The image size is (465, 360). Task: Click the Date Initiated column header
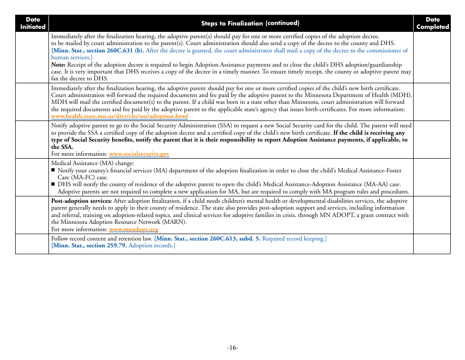pyautogui.click(x=32, y=23)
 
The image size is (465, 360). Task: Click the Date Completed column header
pyautogui.click(x=432, y=23)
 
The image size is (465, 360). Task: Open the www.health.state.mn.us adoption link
pyautogui.click(x=119, y=116)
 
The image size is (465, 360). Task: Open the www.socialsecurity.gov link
pyautogui.click(x=139, y=154)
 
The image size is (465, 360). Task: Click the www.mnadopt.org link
pyautogui.click(x=134, y=229)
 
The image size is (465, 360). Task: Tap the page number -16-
pyautogui.click(x=232, y=347)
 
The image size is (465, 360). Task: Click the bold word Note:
pyautogui.click(x=58, y=65)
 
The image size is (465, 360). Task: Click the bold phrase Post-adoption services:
pyautogui.click(x=81, y=201)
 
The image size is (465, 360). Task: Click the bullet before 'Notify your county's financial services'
pyautogui.click(x=53, y=170)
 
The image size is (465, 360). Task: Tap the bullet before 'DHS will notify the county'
pyautogui.click(x=53, y=185)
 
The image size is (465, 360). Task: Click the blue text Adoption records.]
pyautogui.click(x=152, y=245)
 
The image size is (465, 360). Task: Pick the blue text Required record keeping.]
pyautogui.click(x=294, y=239)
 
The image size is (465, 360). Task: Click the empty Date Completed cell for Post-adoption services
pyautogui.click(x=432, y=215)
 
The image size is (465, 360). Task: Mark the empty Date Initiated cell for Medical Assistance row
pyautogui.click(x=32, y=177)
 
